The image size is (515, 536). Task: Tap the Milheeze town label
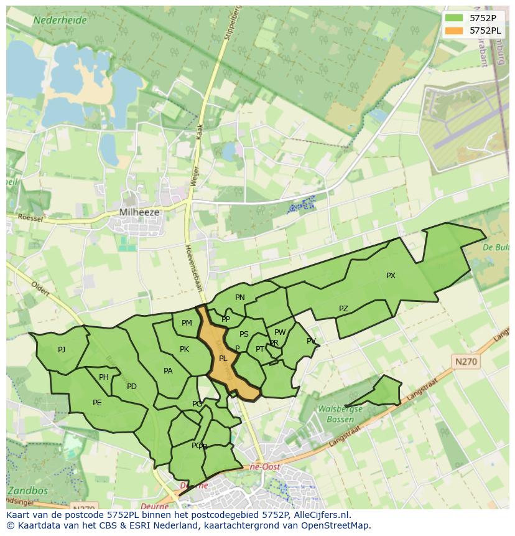139,212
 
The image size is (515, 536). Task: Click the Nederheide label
60,20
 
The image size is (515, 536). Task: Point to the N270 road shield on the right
466,361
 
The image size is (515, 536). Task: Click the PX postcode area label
391,276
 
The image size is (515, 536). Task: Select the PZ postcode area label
343,309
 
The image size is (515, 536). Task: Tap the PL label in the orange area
223,359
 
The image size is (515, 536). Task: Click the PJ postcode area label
62,350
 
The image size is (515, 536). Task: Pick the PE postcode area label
97,403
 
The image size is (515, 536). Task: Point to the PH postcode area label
104,377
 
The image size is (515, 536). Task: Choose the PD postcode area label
131,387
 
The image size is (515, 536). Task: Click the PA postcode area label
168,371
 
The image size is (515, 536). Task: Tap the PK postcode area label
184,349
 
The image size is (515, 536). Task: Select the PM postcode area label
187,323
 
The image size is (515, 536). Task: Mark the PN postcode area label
240,298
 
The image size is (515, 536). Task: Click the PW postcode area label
280,332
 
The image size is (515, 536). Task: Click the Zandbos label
27,491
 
